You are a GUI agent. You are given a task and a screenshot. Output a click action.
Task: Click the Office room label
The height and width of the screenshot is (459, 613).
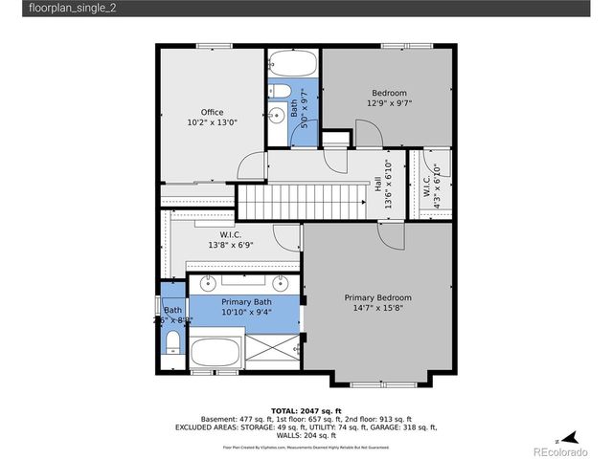(212, 112)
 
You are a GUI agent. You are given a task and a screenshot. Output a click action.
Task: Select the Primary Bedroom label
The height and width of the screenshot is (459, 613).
(377, 297)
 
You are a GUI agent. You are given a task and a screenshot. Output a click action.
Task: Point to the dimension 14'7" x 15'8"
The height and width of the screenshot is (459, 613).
(377, 308)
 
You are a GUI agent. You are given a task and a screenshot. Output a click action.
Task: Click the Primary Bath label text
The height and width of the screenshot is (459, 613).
(228, 301)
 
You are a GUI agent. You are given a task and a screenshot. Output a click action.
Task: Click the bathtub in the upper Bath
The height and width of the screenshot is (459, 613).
(291, 65)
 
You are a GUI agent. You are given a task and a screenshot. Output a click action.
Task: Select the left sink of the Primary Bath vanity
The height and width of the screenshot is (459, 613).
(209, 283)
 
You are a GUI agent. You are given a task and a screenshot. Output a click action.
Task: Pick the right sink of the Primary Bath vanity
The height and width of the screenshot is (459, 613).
(280, 283)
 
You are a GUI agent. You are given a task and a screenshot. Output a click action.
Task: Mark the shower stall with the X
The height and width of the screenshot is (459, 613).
(272, 347)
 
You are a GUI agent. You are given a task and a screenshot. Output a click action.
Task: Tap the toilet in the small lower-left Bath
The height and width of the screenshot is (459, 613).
(173, 341)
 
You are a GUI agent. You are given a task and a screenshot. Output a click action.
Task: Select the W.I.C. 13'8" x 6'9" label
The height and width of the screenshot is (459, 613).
(230, 240)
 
